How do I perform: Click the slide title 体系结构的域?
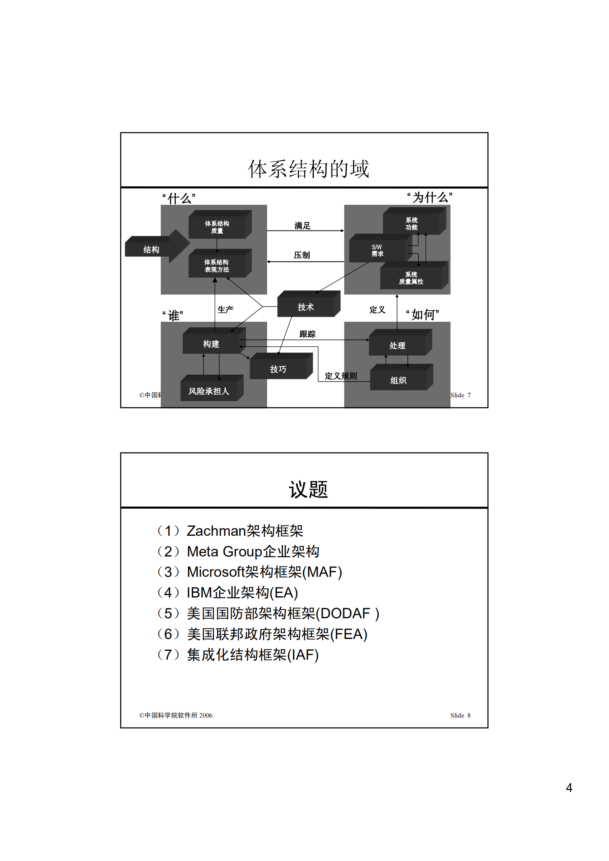pyautogui.click(x=308, y=169)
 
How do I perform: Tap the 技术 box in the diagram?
pyautogui.click(x=306, y=307)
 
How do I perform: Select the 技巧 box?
pyautogui.click(x=278, y=369)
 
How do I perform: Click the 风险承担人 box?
pyautogui.click(x=209, y=391)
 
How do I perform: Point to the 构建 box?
pyautogui.click(x=211, y=344)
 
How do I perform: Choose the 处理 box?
pyautogui.click(x=397, y=345)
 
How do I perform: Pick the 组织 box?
pyautogui.click(x=398, y=380)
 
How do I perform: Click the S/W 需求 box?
pyautogui.click(x=377, y=250)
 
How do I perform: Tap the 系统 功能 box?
pyautogui.click(x=411, y=224)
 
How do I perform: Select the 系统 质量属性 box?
pyautogui.click(x=411, y=278)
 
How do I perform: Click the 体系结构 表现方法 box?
pyautogui.click(x=217, y=266)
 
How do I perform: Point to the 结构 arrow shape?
pyautogui.click(x=152, y=250)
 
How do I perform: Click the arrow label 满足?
pyautogui.click(x=302, y=226)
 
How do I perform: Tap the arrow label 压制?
pyautogui.click(x=302, y=255)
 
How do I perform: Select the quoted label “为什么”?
pyautogui.click(x=430, y=198)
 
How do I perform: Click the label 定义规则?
pyautogui.click(x=341, y=376)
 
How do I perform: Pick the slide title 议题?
pyautogui.click(x=308, y=489)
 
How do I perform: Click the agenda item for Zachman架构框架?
pyautogui.click(x=245, y=531)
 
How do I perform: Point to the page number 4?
pyautogui.click(x=569, y=788)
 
